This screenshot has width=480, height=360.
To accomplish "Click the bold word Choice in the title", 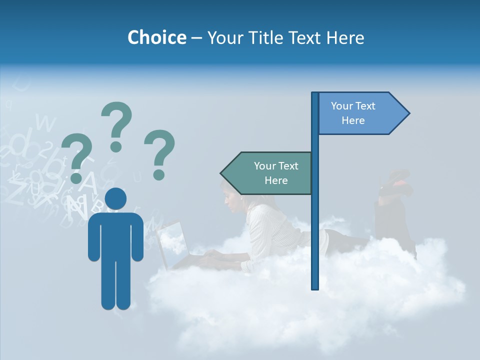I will click(156, 37).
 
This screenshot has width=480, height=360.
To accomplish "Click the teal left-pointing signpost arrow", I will click(267, 173).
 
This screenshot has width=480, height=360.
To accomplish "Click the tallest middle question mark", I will click(116, 120).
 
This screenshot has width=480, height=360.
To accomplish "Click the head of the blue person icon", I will click(115, 198).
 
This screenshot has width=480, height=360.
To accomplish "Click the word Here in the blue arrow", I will click(353, 120).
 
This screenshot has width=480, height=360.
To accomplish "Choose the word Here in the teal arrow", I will click(276, 180).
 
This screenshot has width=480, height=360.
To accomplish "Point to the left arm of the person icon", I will click(93, 237).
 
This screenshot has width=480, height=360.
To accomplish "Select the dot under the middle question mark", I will click(116, 146).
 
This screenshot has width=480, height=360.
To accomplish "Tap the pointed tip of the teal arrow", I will click(222, 173).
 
